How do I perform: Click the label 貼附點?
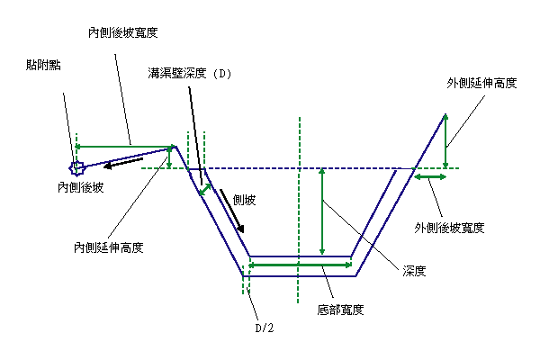[43, 65]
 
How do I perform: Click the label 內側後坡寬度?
[123, 32]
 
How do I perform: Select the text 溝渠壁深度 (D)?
[189, 73]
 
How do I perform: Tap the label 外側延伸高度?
[481, 83]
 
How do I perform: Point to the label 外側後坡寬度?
[449, 228]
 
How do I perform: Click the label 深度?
[414, 271]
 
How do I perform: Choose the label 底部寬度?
[340, 310]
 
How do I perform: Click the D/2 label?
[265, 328]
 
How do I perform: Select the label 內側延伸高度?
[109, 247]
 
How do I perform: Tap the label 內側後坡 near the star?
[81, 187]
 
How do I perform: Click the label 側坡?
[244, 200]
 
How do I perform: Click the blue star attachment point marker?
[76, 168]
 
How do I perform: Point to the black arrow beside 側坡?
[232, 211]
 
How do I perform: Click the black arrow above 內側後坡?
[123, 163]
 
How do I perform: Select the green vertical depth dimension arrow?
[322, 211]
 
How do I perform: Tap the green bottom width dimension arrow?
[300, 265]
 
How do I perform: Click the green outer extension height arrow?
[445, 141]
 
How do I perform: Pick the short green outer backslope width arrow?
[430, 177]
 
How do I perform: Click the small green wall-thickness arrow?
[205, 190]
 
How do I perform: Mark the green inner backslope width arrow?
[123, 147]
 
